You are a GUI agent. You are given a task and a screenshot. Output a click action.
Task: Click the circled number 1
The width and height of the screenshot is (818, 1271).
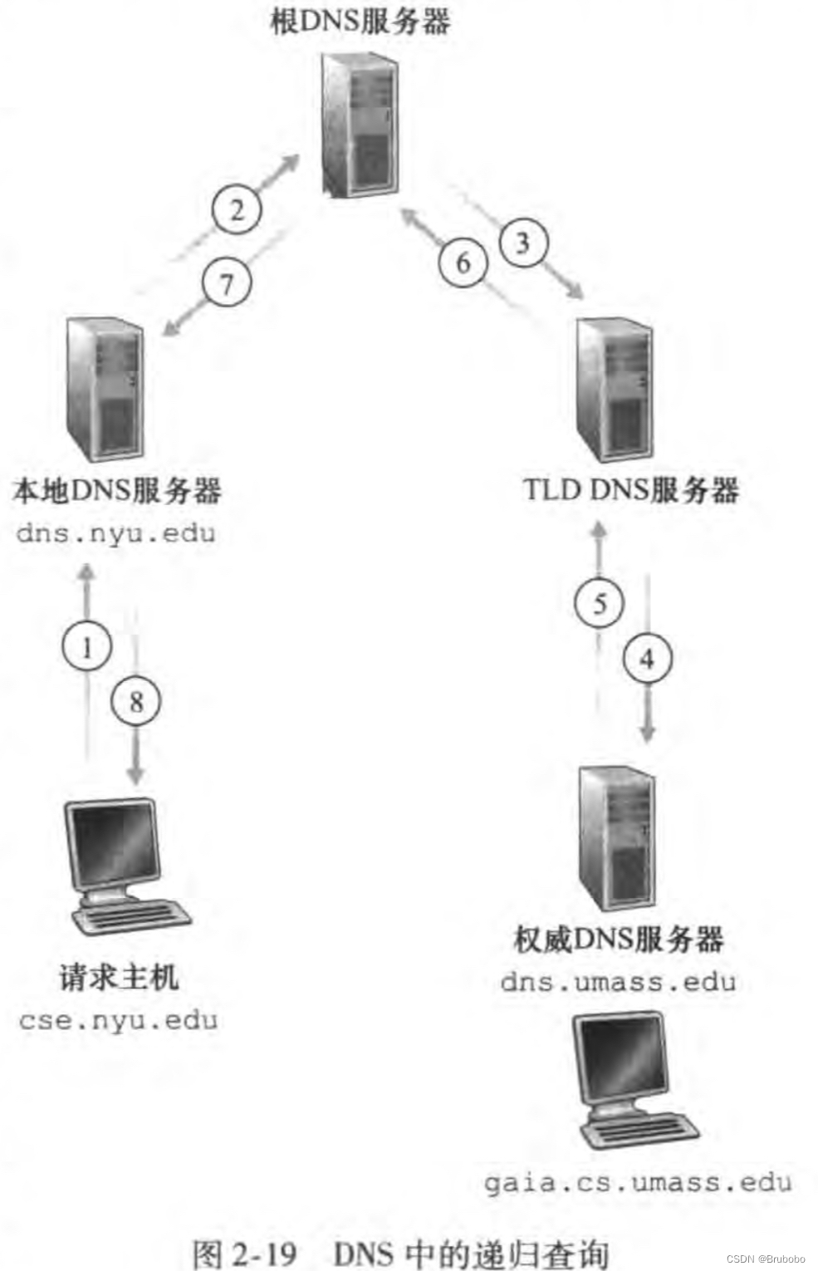click(88, 646)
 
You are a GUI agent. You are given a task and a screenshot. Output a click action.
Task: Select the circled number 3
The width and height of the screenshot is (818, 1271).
click(523, 243)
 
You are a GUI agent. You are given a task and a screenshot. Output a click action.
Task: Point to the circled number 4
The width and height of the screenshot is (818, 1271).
click(647, 659)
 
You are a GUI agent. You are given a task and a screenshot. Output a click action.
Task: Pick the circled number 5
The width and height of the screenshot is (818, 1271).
click(600, 603)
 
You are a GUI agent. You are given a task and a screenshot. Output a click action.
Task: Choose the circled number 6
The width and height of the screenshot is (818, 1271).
click(463, 263)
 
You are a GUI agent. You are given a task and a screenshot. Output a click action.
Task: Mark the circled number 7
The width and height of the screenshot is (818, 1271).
click(227, 285)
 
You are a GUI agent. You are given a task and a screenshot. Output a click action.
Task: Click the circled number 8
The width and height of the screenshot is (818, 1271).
click(136, 702)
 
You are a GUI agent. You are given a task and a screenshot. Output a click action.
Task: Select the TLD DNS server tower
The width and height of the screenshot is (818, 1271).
click(615, 390)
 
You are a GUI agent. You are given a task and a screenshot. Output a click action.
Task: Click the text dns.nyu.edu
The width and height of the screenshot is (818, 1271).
click(116, 532)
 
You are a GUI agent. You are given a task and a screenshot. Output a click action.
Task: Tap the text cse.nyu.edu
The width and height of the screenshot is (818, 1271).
click(118, 1019)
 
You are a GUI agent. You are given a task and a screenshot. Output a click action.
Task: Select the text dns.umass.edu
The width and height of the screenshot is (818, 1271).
click(618, 982)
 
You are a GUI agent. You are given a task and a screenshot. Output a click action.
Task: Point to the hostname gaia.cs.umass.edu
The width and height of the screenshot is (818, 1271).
click(638, 1181)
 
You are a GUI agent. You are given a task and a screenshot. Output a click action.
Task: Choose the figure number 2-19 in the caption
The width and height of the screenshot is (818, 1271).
click(264, 1252)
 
